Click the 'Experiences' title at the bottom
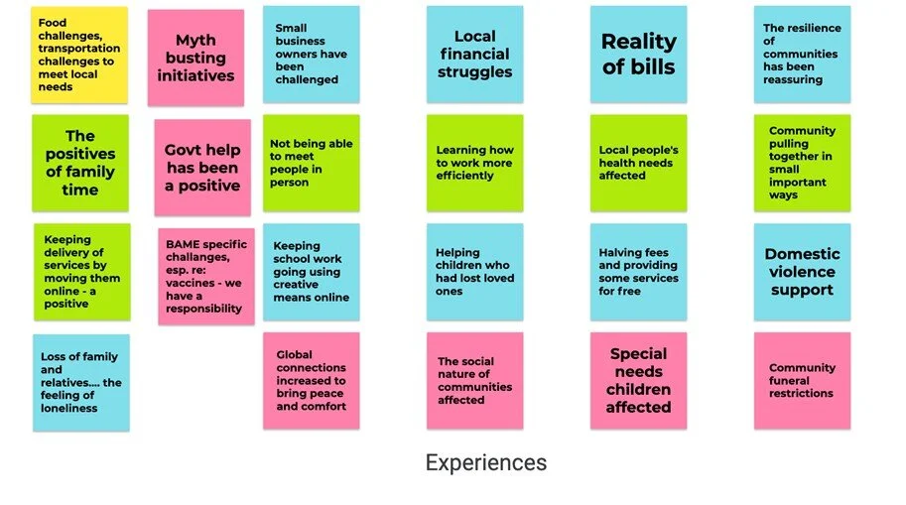[485, 462]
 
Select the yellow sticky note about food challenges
[79, 55]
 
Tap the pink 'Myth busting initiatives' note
[195, 58]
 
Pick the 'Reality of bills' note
[638, 55]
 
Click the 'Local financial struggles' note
[475, 55]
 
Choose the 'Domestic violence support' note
[802, 272]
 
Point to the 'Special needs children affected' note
[638, 380]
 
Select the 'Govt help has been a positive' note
[202, 168]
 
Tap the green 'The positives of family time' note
[80, 163]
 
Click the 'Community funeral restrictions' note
[802, 380]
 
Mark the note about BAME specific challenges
[205, 276]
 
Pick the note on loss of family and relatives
[80, 382]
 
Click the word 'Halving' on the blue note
[621, 253]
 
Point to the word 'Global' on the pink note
[295, 354]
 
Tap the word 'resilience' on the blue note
[816, 28]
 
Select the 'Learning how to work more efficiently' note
[475, 163]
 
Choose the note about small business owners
[311, 55]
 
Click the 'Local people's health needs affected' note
[638, 163]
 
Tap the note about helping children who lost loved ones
[475, 272]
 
